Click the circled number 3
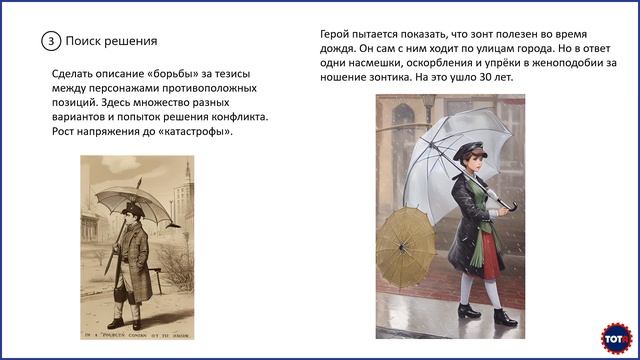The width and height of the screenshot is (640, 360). (50, 41)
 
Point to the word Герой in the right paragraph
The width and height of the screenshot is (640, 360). (337, 33)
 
